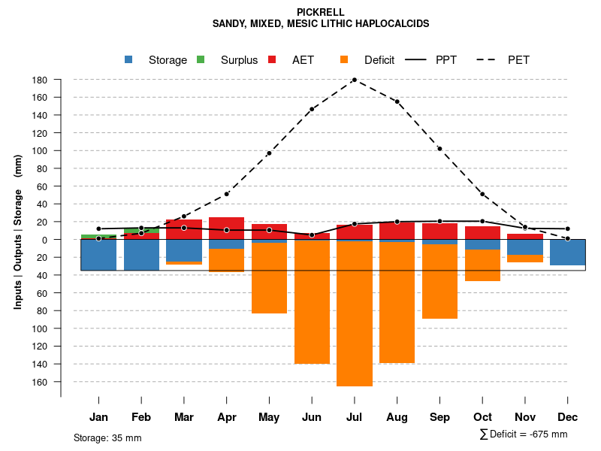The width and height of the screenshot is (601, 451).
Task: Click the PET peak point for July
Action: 354,80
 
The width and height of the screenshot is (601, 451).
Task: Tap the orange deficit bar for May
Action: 269,278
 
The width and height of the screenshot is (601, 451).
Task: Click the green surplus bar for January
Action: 98,237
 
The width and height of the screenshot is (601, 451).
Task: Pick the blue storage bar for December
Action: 567,253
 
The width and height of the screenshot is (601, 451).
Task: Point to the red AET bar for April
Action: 226,229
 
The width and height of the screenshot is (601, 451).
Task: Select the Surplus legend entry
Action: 239,60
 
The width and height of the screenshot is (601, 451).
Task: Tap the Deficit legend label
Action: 379,60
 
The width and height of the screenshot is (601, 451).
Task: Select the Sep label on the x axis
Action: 439,417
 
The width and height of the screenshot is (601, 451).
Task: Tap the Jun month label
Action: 312,417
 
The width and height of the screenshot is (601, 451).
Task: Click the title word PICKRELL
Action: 321,12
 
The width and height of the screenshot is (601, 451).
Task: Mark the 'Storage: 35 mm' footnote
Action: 107,437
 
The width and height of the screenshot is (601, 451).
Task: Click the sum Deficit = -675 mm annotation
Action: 524,434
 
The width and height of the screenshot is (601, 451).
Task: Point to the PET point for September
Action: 439,149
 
